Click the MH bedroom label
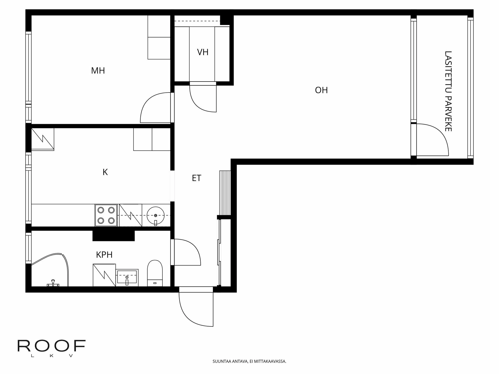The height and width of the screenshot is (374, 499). click(98, 71)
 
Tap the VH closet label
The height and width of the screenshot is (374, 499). click(203, 52)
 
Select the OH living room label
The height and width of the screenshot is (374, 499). click(321, 90)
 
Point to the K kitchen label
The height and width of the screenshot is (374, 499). click(105, 172)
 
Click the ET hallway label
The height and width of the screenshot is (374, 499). click(196, 178)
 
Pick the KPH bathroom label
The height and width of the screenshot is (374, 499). click(104, 255)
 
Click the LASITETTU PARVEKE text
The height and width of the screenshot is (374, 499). click(448, 91)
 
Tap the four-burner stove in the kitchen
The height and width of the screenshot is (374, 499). click(106, 215)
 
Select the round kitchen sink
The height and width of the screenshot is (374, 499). click(155, 215)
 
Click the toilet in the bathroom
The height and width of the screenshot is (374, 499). click(155, 273)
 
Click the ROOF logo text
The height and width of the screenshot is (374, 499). click(51, 346)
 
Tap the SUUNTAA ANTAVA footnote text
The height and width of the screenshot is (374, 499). click(249, 361)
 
